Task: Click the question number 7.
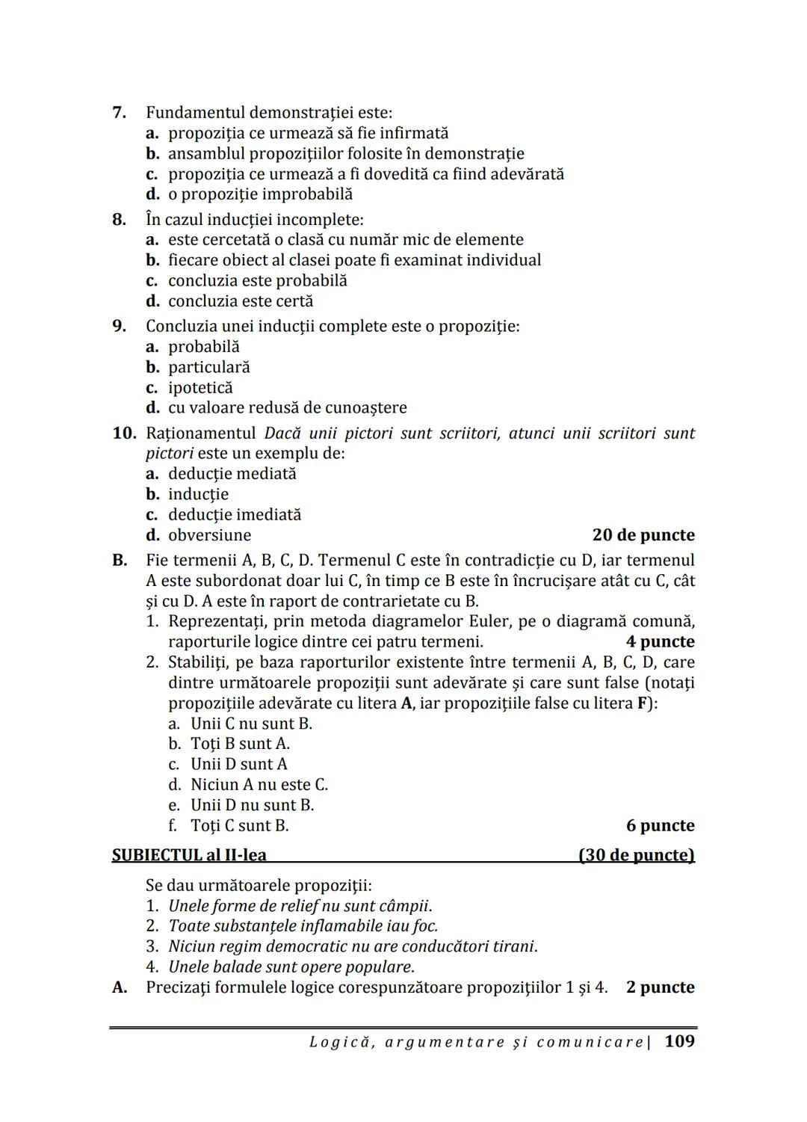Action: pos(118,113)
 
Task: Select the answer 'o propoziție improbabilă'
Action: pos(260,194)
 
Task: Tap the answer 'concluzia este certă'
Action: pos(241,301)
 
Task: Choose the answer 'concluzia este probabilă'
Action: pos(257,281)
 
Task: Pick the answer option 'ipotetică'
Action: pos(200,388)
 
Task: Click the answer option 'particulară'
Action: pos(208,368)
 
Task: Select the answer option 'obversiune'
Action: pos(209,535)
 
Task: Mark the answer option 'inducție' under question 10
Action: pos(198,494)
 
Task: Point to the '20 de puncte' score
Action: pos(643,535)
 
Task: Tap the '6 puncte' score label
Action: pos(660,825)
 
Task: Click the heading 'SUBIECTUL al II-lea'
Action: pos(189,855)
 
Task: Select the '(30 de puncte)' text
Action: pos(637,855)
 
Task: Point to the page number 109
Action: pos(678,1041)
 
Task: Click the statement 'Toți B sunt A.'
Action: pos(240,744)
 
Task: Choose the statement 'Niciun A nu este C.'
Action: pos(259,785)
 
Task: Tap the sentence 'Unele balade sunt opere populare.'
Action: pos(291,967)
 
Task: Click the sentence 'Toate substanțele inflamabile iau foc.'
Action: pos(303,926)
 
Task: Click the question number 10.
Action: pos(124,434)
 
